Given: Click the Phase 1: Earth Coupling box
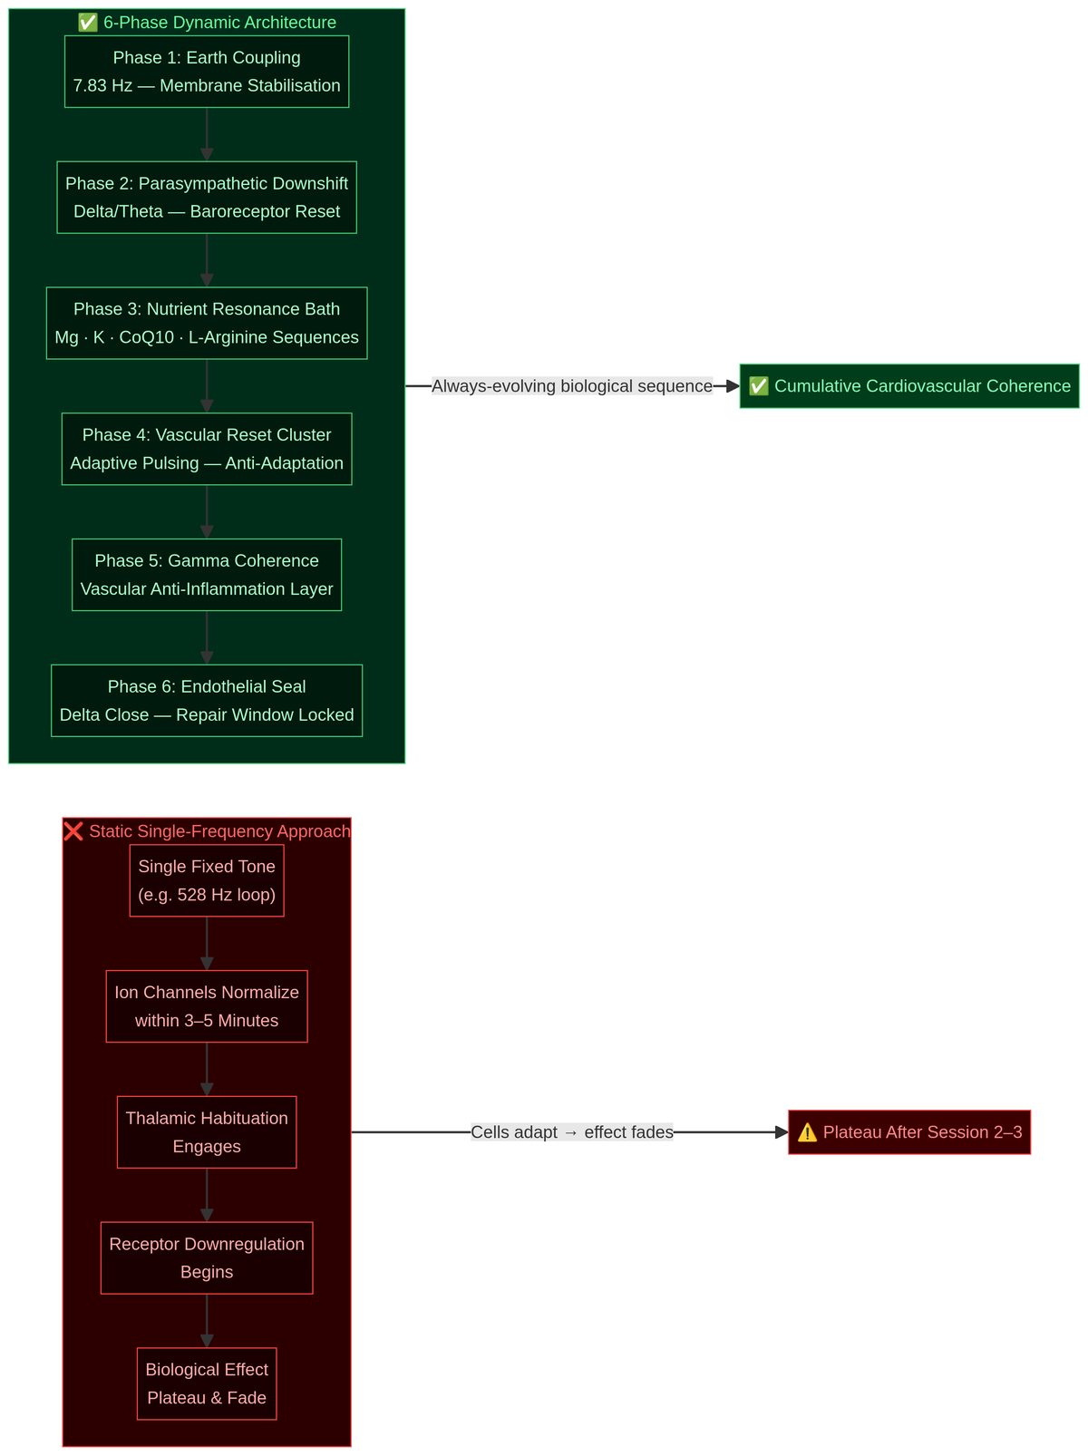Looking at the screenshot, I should pos(207,72).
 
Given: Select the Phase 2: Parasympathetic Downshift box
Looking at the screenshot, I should pos(207,198).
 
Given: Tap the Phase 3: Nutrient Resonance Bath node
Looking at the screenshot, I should pos(207,324).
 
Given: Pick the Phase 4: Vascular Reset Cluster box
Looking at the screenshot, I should pos(207,449).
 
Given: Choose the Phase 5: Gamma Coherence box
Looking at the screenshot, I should pos(207,575).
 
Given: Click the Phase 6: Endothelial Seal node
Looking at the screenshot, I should pos(207,701).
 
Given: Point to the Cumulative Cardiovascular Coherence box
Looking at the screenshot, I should pos(909,386).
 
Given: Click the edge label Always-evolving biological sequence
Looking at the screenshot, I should pos(572,386).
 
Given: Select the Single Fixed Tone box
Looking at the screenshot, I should pos(207,880).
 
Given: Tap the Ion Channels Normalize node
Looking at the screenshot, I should pos(207,1006).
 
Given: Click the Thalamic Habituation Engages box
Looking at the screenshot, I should pos(207,1132).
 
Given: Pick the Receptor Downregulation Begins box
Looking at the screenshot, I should pos(207,1258).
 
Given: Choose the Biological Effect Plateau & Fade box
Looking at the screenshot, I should pos(207,1383).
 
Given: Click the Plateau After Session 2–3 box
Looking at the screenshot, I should pos(909,1132).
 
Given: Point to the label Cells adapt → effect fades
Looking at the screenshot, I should pos(572,1132).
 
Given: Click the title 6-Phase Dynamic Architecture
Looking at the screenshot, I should pos(219,23).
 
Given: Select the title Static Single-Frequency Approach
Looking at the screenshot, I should pos(219,831).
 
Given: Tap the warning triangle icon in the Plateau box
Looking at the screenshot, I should pos(807,1132).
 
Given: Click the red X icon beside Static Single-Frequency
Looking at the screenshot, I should pos(74,831).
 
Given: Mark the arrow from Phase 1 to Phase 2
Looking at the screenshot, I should pos(207,135).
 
